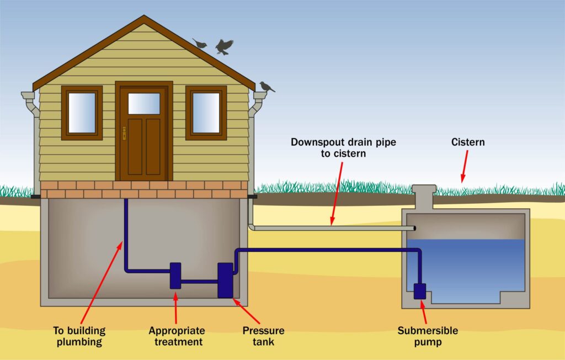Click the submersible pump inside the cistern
tap(420, 290)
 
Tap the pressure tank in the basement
tap(225, 280)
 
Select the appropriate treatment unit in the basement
tap(175, 275)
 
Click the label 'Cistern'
tap(467, 142)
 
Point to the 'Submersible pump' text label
tap(428, 336)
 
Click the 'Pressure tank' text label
tap(264, 336)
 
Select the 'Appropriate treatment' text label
tap(177, 336)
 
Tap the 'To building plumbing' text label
tap(79, 336)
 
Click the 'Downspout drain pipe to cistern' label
tap(343, 147)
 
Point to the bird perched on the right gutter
tap(266, 87)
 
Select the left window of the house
tap(82, 113)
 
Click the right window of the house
tap(206, 113)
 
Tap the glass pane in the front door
tap(144, 103)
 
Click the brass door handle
tap(124, 133)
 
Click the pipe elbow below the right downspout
tap(252, 226)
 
